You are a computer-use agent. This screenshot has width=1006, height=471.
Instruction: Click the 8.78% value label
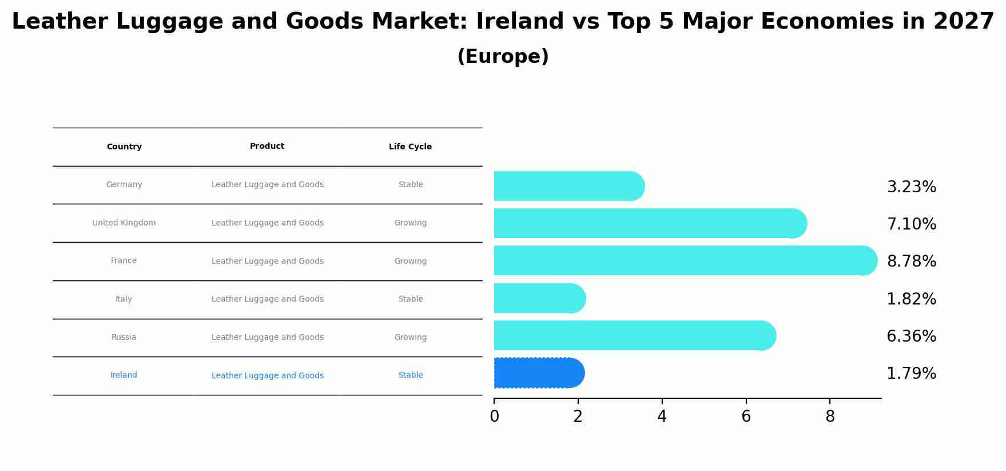pos(911,262)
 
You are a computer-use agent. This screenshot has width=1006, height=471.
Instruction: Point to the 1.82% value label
pos(911,299)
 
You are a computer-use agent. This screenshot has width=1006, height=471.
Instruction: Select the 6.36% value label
pos(911,337)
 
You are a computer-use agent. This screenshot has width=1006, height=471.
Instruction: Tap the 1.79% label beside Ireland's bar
pos(911,374)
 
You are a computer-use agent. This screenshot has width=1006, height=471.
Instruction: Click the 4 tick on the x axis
pos(662,417)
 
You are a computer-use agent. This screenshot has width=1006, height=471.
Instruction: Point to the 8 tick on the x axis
pos(830,417)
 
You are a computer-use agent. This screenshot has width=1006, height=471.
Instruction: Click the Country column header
pos(124,147)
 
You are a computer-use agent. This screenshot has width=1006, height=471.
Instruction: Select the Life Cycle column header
pos(410,147)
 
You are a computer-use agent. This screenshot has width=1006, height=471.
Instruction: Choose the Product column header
pos(267,147)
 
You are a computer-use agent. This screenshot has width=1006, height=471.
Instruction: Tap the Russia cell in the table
pos(124,338)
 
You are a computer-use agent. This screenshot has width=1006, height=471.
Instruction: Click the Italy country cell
pos(124,299)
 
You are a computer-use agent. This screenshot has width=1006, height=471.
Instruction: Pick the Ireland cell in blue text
pos(124,375)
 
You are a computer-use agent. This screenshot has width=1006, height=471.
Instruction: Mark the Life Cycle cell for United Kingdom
pos(410,223)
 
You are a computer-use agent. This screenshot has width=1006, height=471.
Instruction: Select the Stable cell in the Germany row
pos(411,185)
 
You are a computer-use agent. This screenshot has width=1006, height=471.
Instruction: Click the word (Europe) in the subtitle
pos(503,57)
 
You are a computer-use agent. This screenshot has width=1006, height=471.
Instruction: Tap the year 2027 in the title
pos(964,22)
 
